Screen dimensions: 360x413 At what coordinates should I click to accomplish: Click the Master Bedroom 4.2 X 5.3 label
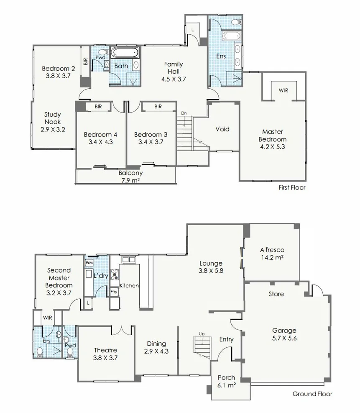tap(272, 139)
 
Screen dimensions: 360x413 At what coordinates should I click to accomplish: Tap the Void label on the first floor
tap(222, 129)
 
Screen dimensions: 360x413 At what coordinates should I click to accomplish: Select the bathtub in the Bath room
tap(125, 53)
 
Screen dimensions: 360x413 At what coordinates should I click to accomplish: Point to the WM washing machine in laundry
tap(89, 263)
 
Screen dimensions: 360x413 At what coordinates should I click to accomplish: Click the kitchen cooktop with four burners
tap(115, 274)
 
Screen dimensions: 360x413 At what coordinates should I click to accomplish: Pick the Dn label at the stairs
tap(184, 113)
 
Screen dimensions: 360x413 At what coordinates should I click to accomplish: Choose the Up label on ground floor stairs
tap(202, 334)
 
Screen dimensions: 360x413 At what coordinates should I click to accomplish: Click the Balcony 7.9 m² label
tap(130, 177)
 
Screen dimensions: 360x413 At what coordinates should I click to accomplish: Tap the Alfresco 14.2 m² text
tap(272, 254)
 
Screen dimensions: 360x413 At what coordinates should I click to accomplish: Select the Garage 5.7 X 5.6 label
tap(284, 334)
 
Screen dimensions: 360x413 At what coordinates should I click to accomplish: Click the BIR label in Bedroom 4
tap(98, 107)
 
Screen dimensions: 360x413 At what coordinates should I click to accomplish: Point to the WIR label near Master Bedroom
tap(283, 90)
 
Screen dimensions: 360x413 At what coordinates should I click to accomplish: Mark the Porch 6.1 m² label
tap(226, 381)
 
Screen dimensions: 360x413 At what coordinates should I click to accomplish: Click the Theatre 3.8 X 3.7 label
tap(105, 354)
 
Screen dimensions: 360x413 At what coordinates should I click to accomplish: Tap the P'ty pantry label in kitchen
tap(114, 292)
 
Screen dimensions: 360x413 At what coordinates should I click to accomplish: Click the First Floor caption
tap(292, 187)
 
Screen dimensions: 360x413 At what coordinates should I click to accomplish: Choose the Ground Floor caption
tap(312, 394)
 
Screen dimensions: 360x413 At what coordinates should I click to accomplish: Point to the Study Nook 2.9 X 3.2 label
tap(53, 122)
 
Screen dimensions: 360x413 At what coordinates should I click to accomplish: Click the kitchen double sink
tap(128, 260)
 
